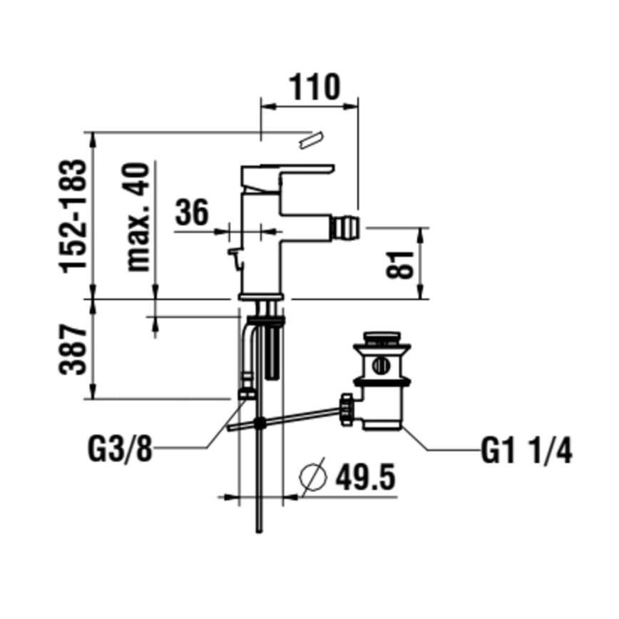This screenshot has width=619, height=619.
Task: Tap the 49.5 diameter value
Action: coord(364,477)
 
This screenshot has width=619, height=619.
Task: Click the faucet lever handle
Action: coord(288,173)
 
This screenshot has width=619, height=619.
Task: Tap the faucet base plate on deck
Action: coord(260,296)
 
